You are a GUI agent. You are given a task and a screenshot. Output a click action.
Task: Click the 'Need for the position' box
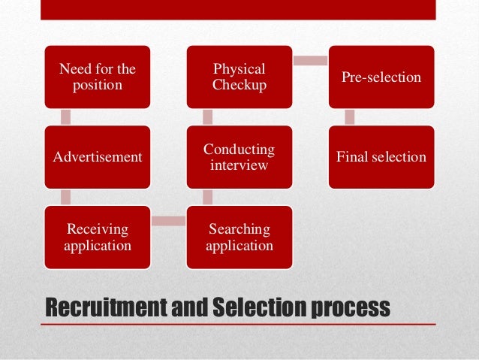tap(98, 77)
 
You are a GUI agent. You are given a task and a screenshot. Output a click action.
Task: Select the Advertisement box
tap(98, 157)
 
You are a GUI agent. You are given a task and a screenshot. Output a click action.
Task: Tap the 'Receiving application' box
tap(98, 237)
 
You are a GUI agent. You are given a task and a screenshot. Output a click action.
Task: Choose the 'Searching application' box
tap(239, 237)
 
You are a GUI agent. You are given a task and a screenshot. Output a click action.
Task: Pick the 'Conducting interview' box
tap(239, 157)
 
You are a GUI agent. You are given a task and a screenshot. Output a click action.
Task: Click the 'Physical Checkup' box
tap(239, 77)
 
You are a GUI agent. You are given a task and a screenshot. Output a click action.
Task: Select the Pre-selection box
tap(381, 77)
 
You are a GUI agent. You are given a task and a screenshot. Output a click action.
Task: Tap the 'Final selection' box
tap(381, 157)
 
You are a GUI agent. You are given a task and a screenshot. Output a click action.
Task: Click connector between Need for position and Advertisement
tap(66, 117)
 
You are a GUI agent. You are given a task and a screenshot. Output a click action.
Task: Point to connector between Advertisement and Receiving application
tap(66, 197)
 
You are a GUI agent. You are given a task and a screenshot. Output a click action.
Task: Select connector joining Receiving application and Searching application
tap(168, 220)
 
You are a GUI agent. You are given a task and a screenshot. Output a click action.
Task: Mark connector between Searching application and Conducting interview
tap(208, 197)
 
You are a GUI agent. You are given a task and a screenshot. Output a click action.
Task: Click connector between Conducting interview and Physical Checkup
tap(208, 117)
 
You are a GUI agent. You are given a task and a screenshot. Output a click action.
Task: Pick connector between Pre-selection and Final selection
tap(350, 117)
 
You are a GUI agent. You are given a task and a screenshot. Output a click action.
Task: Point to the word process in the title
tap(354, 308)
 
